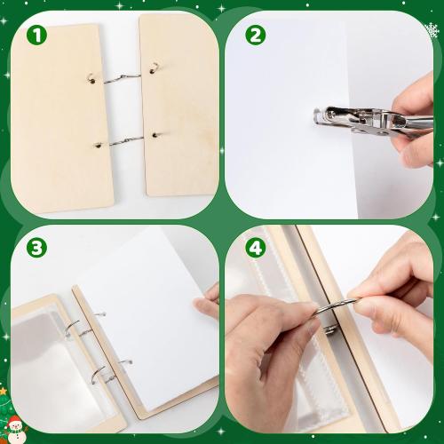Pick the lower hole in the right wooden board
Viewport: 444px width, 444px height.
(x=155, y=135)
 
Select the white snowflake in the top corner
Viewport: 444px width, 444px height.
(x=432, y=31)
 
